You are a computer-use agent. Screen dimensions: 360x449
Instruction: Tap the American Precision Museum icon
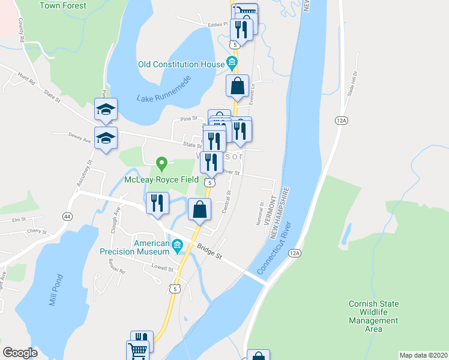point(177,244)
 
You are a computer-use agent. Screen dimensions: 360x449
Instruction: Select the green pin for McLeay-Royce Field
point(161,163)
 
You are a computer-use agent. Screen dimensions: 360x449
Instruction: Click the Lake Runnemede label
point(163,88)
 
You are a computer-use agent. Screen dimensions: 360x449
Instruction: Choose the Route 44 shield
point(64,215)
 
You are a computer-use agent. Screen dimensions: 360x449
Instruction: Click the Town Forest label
point(63,6)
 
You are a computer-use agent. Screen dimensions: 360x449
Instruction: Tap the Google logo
point(20,352)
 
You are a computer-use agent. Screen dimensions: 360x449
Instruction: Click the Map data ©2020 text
point(423,355)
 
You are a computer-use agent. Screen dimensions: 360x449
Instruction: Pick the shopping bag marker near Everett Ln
point(238,86)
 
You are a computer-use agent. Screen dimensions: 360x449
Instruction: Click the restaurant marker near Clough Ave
point(157,202)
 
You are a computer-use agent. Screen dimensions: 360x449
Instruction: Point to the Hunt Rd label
point(27,79)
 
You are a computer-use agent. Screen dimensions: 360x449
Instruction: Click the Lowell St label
point(162,268)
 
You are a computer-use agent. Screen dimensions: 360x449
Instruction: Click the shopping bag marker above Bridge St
point(200,210)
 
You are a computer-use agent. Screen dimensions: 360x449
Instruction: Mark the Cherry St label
point(37,231)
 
